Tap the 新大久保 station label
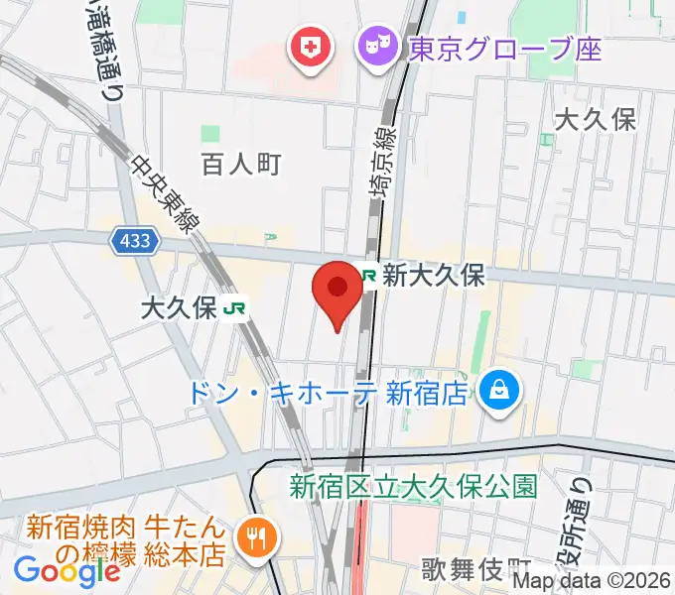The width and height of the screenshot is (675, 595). click(x=434, y=276)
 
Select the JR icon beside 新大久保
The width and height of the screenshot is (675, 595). click(x=368, y=276)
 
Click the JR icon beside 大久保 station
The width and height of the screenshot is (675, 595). click(x=235, y=308)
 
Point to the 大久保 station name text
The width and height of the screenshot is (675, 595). click(x=179, y=308)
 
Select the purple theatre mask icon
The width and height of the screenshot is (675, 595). click(x=376, y=46)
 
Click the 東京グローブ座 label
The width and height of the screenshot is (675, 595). click(x=504, y=47)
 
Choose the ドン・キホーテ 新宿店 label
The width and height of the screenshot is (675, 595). click(x=327, y=393)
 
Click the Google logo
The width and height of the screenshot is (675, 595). click(x=67, y=570)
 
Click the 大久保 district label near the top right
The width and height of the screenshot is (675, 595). click(x=595, y=120)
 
